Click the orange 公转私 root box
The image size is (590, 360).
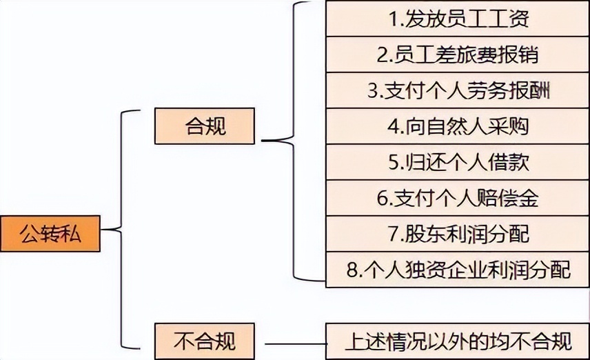coord(50,234)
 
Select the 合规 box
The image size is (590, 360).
coord(205,126)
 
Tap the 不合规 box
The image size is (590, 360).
coord(205,340)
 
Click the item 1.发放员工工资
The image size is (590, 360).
coord(458,19)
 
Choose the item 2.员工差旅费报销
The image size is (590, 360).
coord(458,54)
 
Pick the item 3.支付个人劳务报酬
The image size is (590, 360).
coord(458,90)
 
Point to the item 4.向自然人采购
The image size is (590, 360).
coord(458,126)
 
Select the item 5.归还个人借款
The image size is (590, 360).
coord(458,162)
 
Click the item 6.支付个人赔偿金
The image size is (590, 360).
coord(458,198)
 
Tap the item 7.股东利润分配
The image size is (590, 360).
coord(458,234)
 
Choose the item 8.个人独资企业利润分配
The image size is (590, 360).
coord(458,270)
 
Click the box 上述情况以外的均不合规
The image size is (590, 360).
coord(458,341)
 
